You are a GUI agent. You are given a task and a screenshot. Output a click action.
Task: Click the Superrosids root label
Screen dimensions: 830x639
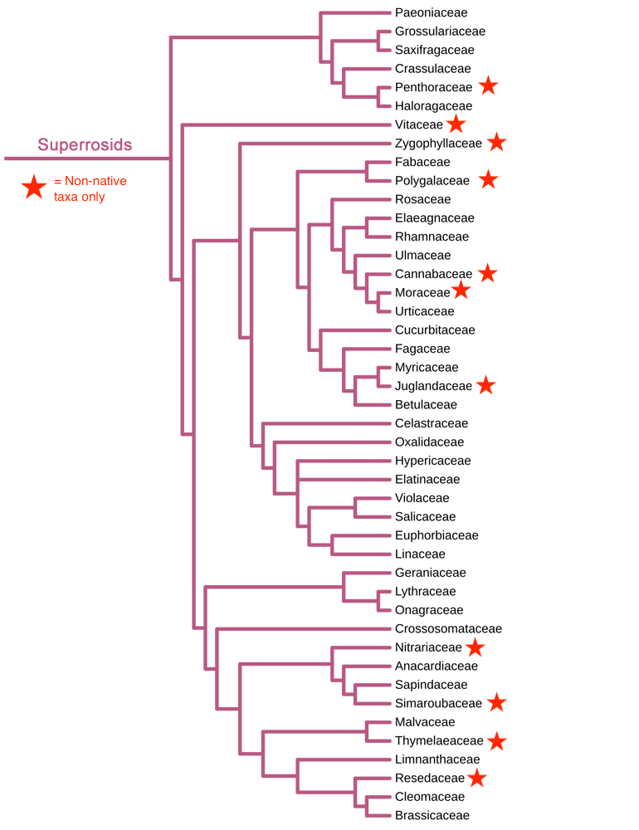pyautogui.click(x=85, y=145)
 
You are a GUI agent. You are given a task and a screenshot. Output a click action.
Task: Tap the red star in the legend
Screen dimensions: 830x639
pyautogui.click(x=34, y=188)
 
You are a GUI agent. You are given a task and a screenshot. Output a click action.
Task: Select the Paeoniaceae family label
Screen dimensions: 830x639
pyautogui.click(x=431, y=12)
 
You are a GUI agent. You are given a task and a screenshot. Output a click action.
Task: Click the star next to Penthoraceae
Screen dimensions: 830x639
pyautogui.click(x=489, y=86)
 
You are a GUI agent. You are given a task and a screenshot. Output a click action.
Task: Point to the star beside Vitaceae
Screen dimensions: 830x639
pyautogui.click(x=456, y=124)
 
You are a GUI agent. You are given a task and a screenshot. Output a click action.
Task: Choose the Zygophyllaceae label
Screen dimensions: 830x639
pyautogui.click(x=438, y=143)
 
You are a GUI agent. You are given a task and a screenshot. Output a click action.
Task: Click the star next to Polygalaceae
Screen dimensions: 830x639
pyautogui.click(x=488, y=179)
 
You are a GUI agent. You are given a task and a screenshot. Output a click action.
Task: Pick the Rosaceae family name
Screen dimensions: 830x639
pyautogui.click(x=422, y=199)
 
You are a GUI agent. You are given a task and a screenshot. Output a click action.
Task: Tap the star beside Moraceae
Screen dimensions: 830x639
pyautogui.click(x=461, y=290)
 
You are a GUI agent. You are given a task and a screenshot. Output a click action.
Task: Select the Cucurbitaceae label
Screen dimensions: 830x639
pyautogui.click(x=435, y=330)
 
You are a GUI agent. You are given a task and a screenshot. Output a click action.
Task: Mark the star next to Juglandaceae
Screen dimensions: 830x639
pyautogui.click(x=486, y=385)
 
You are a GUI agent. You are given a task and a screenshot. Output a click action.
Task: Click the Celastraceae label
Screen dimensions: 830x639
pyautogui.click(x=432, y=423)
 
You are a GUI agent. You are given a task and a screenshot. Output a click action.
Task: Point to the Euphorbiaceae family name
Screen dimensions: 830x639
pyautogui.click(x=437, y=535)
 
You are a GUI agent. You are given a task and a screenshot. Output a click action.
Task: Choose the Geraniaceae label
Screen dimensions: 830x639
pyautogui.click(x=430, y=573)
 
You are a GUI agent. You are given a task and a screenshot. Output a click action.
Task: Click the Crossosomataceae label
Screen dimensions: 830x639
pyautogui.click(x=448, y=628)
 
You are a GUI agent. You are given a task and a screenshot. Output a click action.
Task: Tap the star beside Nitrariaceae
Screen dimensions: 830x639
pyautogui.click(x=475, y=647)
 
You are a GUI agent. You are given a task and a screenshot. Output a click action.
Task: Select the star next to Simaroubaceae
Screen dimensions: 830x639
pyautogui.click(x=496, y=702)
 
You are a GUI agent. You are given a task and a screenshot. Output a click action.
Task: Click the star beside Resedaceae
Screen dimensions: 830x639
pyautogui.click(x=476, y=778)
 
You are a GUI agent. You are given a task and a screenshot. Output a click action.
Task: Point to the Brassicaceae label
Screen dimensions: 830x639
pyautogui.click(x=432, y=815)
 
